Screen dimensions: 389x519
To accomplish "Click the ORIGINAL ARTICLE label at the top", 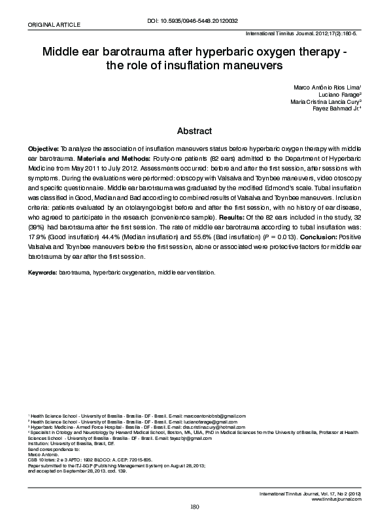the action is pyautogui.click(x=53, y=24).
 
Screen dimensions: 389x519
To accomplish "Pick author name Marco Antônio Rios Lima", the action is pyautogui.click(x=325, y=87).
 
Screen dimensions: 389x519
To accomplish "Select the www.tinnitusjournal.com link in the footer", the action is pyautogui.click(x=337, y=499).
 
